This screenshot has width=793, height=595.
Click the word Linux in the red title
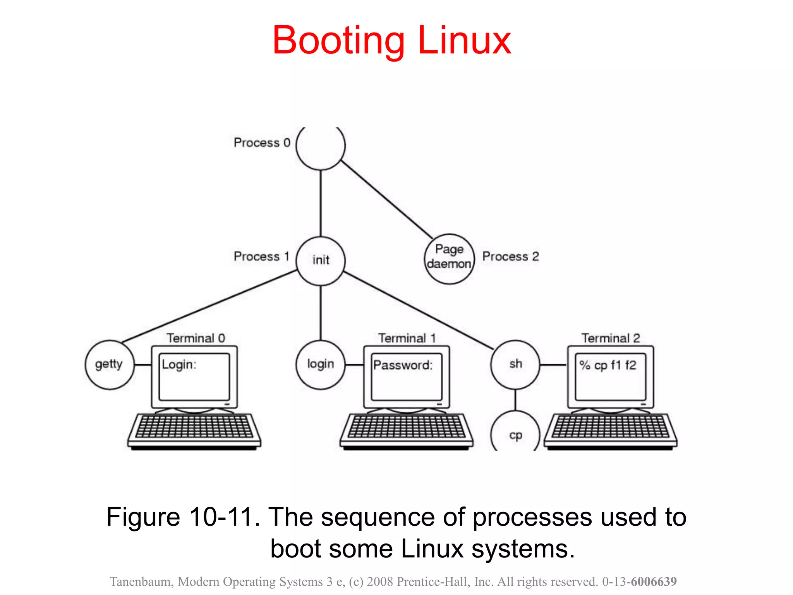tap(464, 40)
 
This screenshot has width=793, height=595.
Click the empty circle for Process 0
tap(320, 146)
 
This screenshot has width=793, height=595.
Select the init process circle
tap(320, 261)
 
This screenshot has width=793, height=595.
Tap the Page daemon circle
tap(449, 259)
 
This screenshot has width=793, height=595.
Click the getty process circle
tap(110, 365)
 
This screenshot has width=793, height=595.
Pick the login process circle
tap(320, 365)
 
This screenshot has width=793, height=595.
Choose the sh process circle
tap(515, 365)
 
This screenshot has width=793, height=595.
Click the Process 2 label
tap(510, 256)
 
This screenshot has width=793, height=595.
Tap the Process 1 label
tap(261, 256)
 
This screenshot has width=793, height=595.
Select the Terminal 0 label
tap(196, 338)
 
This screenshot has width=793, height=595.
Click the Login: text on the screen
tap(179, 365)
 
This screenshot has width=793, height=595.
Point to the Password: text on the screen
tap(403, 365)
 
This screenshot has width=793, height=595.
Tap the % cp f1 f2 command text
tap(608, 365)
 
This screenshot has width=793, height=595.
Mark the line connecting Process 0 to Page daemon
tap(387, 200)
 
